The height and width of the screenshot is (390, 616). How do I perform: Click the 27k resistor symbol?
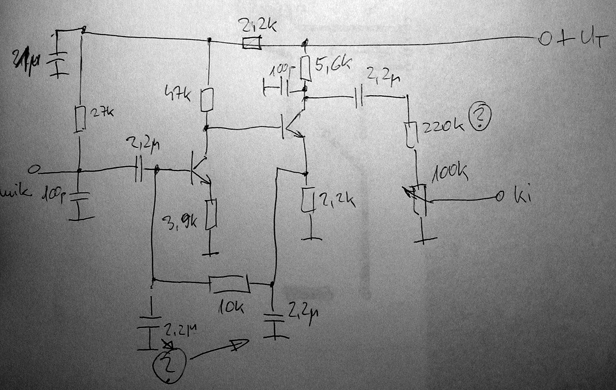80,118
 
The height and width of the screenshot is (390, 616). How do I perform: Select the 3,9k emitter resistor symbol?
211,214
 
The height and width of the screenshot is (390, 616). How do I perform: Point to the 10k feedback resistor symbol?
230,284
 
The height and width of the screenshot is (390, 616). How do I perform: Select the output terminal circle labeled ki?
499,197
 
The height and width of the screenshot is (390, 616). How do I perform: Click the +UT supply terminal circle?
544,40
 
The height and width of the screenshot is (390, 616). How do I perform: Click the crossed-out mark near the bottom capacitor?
168,345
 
